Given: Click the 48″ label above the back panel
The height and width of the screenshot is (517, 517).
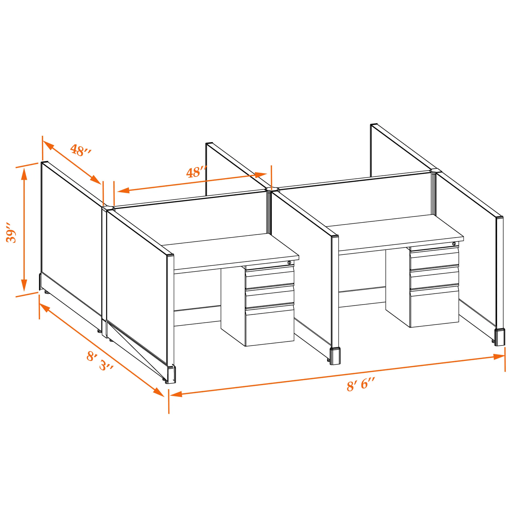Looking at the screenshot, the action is (197, 172).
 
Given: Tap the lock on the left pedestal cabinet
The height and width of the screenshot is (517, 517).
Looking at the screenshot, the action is (289, 263).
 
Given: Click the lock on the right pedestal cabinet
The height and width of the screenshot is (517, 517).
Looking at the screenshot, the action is (454, 244).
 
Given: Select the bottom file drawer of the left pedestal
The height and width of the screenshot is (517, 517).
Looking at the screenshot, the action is (270, 326).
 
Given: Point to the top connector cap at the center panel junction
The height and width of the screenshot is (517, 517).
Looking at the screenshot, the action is (272, 189).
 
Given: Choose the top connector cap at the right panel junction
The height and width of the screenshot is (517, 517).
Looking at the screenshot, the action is (436, 170).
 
